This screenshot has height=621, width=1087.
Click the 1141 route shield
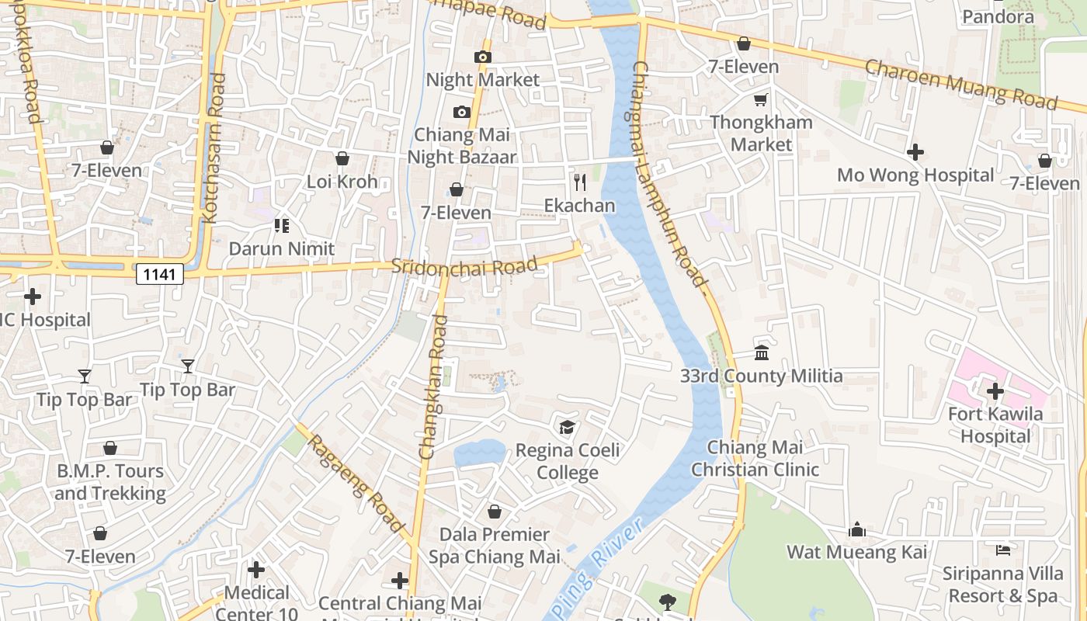(160, 273)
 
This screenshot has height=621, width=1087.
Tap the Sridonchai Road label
(464, 265)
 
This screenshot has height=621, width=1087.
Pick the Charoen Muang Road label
(960, 84)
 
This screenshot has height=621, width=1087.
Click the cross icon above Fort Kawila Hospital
(995, 391)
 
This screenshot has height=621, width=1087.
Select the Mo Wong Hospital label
(915, 175)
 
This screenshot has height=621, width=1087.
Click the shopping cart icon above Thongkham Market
(761, 99)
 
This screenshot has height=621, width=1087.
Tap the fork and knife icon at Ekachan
(579, 182)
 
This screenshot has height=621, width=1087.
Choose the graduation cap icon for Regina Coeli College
(568, 428)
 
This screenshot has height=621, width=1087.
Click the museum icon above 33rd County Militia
(762, 353)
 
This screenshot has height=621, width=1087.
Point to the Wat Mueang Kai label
(857, 552)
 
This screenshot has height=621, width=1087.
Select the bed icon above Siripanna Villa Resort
(1002, 550)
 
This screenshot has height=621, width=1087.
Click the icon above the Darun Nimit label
(282, 226)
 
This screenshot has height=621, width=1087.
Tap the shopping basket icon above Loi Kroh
(342, 158)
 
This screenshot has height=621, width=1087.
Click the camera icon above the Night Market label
(483, 57)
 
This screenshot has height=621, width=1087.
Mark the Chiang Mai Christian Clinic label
(755, 458)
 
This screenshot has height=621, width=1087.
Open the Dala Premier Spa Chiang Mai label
(495, 546)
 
